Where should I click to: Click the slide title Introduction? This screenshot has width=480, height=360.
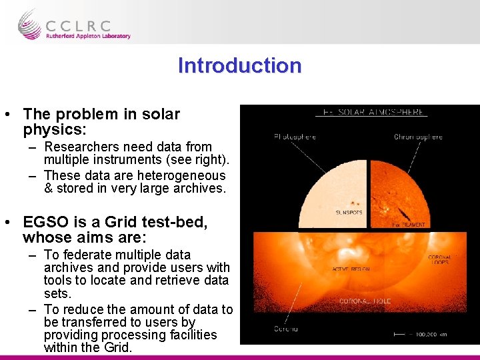239,65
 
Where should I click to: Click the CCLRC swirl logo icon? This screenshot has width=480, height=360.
29,25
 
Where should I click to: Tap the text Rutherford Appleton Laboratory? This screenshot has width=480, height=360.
87,36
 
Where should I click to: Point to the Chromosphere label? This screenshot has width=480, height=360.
418,137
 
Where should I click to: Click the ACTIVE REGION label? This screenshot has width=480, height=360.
351,269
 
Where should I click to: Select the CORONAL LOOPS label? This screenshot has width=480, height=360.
440,260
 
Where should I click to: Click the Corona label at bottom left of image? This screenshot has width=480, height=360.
285,328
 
